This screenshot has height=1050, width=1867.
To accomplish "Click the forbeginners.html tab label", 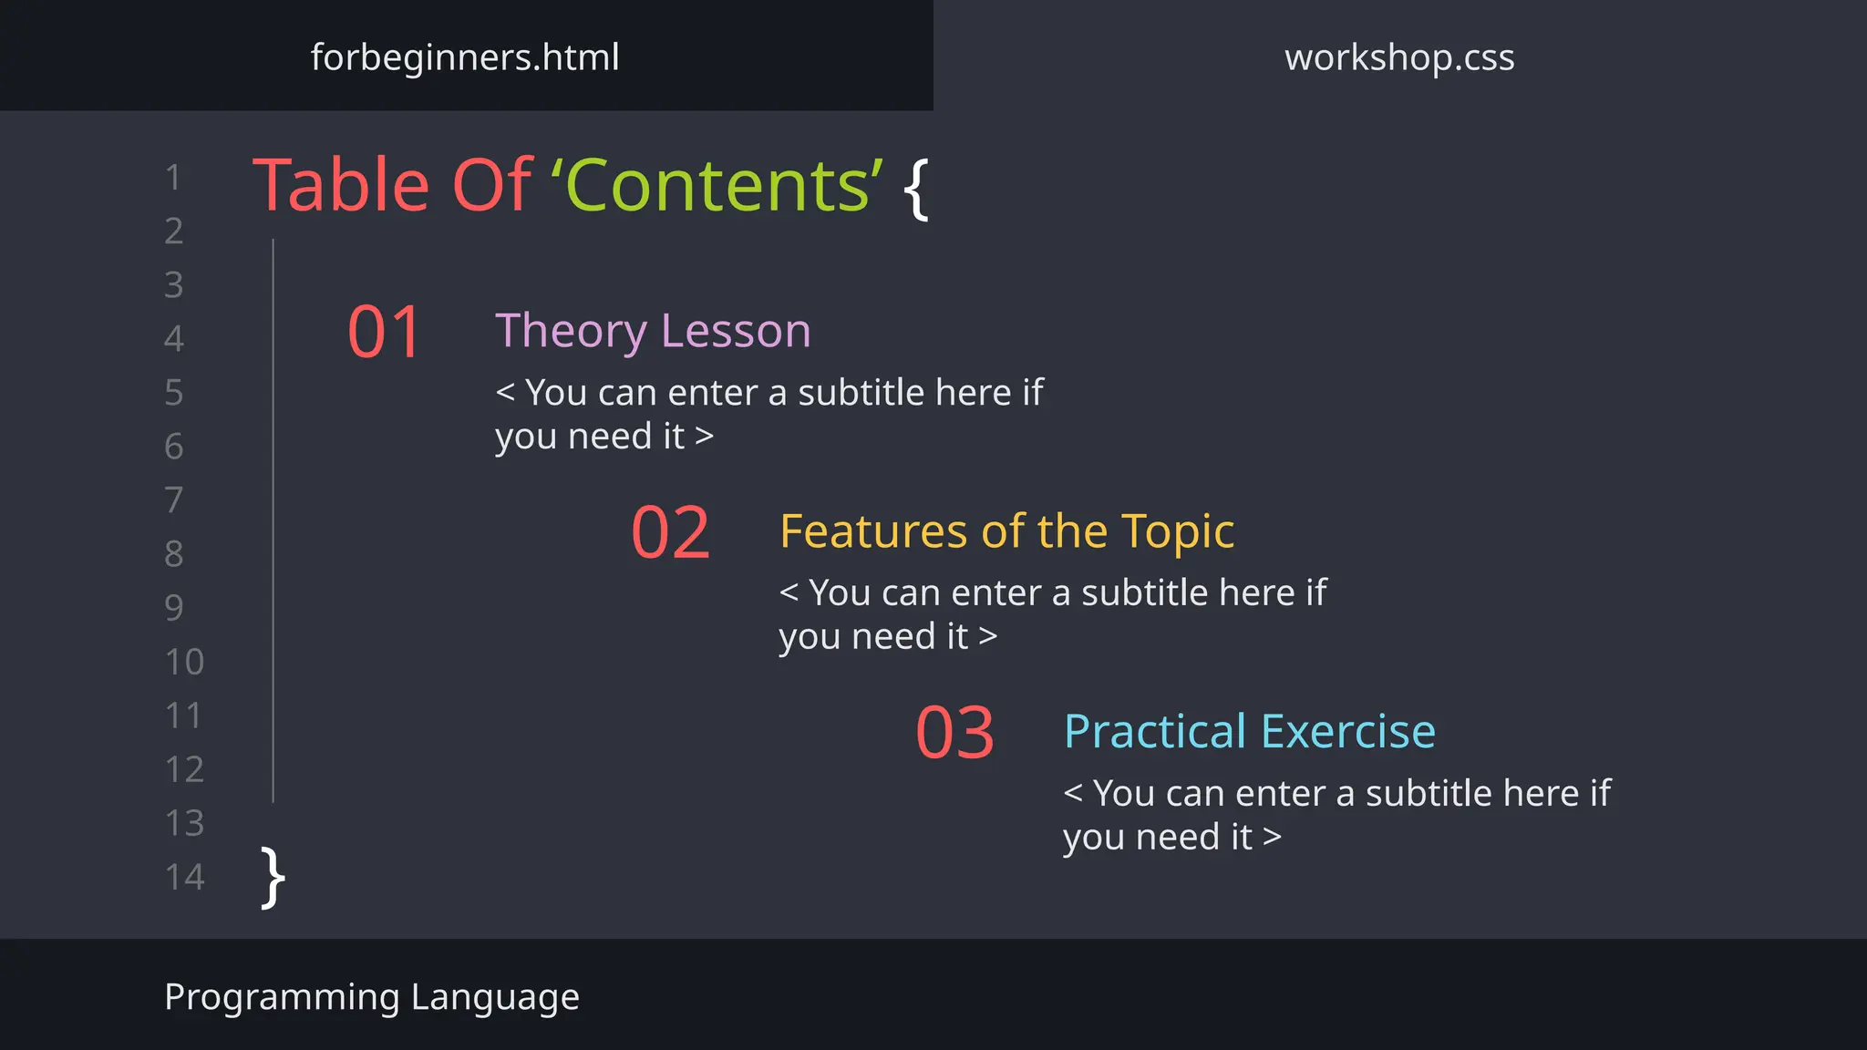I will pos(465,57).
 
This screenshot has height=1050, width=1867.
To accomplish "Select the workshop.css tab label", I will pos(1399,57).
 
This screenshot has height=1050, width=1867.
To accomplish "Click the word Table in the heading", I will pos(340,186).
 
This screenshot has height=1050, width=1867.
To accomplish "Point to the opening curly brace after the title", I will pos(916,189).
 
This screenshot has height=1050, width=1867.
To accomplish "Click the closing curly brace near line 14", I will pos(273,877).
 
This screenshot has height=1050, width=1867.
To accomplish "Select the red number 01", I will pos(385,332).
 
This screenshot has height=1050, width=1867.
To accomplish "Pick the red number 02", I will pos(670,532).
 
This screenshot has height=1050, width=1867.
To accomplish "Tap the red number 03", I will pos(954,733).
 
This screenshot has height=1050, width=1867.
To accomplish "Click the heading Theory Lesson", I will pos(653,330).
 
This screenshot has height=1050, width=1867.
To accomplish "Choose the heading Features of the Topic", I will pos(1006,531).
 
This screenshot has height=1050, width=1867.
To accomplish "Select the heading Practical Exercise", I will pos(1250,731).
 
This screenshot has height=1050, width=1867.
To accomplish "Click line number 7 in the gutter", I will pos(174,499).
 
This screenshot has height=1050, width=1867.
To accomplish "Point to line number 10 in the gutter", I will pos(184,662).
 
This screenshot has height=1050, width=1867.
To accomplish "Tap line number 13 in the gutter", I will pos(184,823).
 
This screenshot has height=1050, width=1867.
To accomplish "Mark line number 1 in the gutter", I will pos(173,178).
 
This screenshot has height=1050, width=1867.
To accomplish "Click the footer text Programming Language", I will pos(372,997).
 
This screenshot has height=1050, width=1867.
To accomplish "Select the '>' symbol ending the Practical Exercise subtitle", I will pos(1273,837).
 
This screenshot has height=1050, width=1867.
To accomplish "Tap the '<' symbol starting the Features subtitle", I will pos(789,592).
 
